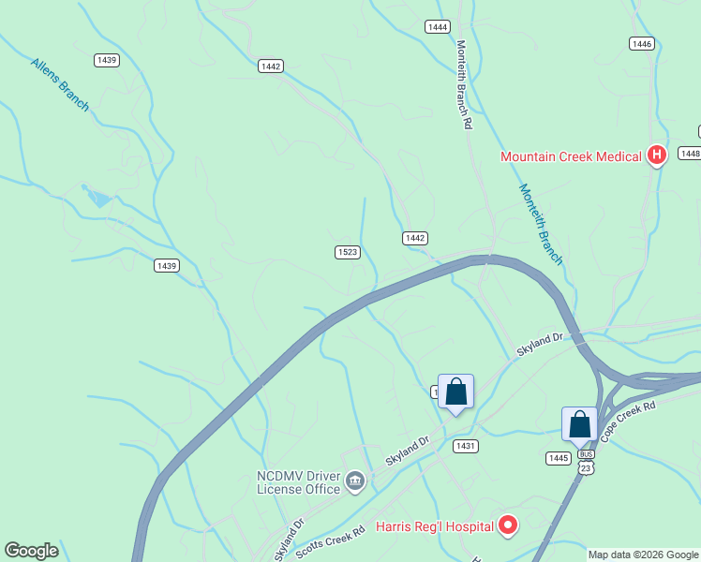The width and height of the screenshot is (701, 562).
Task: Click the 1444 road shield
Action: (x=437, y=27)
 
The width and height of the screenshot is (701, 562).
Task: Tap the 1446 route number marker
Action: (x=641, y=44)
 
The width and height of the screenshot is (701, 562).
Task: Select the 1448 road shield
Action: (x=691, y=153)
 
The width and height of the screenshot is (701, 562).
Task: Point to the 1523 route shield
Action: (x=348, y=252)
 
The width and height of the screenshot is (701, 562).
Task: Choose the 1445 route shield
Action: (x=558, y=457)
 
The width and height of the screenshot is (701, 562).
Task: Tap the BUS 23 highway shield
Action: (x=586, y=462)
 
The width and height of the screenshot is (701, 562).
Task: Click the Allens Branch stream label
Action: (x=60, y=84)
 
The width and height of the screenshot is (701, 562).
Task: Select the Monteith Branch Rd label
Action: (x=464, y=84)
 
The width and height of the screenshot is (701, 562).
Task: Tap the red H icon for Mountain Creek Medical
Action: (x=657, y=155)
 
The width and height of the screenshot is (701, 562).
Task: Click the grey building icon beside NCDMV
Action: (x=355, y=481)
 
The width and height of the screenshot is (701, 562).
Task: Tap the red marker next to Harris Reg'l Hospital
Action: (x=507, y=525)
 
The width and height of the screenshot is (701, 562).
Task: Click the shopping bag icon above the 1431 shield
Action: (x=455, y=392)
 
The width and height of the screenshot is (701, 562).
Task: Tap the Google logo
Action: (x=32, y=551)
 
